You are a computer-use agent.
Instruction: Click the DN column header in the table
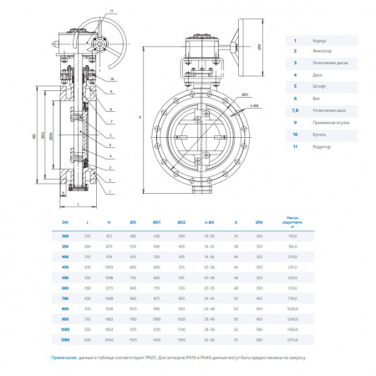click(66, 221)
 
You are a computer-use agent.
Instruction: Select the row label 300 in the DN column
click(66, 237)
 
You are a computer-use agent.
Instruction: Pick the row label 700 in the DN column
click(66, 297)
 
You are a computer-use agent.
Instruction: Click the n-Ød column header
click(208, 221)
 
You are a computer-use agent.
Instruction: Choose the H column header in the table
click(109, 221)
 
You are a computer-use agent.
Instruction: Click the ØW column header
click(260, 221)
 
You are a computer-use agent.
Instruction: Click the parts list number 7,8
click(293, 110)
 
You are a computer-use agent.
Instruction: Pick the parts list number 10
click(293, 134)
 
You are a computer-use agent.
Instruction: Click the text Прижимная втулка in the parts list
click(327, 122)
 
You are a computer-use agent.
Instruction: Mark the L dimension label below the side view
click(76, 203)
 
